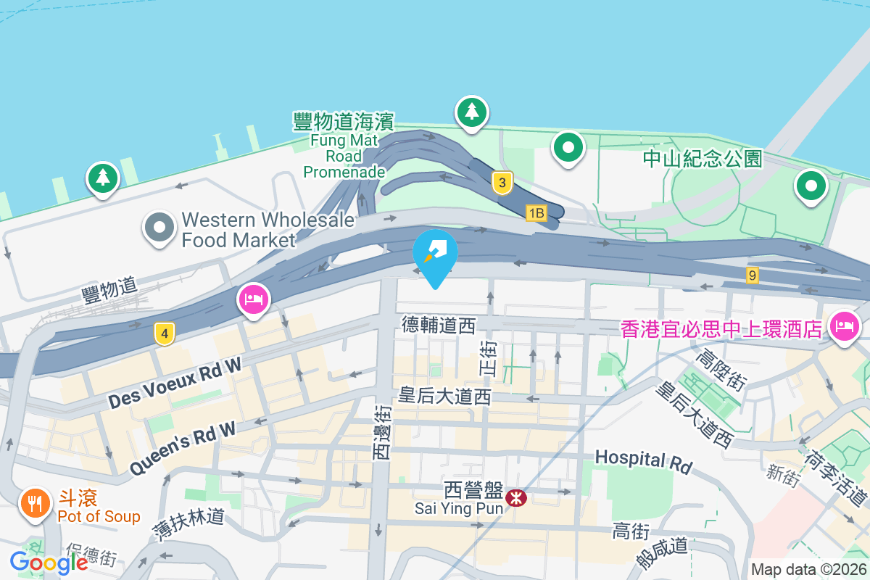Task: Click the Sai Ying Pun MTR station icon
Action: (x=516, y=498)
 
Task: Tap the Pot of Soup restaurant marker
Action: (x=35, y=502)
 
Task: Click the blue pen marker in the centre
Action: (x=435, y=252)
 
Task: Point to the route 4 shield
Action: (x=165, y=334)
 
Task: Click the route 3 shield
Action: (x=502, y=182)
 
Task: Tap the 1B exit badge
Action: (x=536, y=212)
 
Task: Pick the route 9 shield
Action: (x=753, y=275)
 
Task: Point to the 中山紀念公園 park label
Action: (x=703, y=159)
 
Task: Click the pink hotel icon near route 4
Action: (x=253, y=299)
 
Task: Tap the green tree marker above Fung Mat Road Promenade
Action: (x=472, y=112)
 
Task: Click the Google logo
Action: (x=49, y=562)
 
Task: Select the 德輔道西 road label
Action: (x=439, y=326)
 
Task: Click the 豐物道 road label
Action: (x=109, y=290)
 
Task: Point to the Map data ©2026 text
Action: (x=808, y=570)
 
